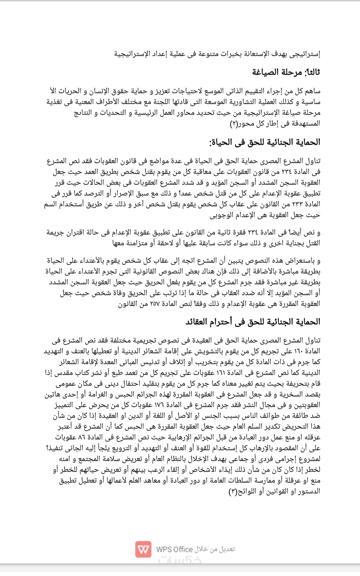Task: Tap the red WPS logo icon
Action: tap(143, 550)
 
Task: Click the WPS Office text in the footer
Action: tap(174, 550)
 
